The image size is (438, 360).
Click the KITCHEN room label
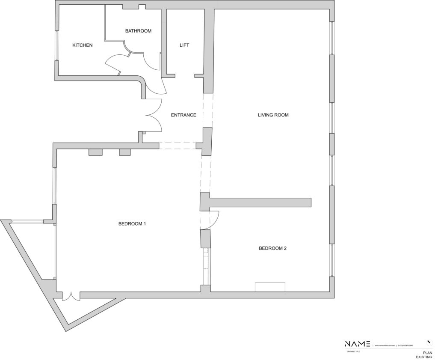pos(82,45)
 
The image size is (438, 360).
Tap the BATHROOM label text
pos(138,31)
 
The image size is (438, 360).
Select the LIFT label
pos(184,45)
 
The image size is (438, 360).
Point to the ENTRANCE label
pos(183,115)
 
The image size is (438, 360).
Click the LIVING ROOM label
pos(273,115)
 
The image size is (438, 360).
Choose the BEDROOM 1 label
pos(132,223)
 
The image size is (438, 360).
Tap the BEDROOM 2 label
pos(272,248)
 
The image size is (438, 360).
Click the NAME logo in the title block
pos(358,344)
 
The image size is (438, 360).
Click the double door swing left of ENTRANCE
pos(154,115)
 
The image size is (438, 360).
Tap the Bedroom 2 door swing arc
pos(214,219)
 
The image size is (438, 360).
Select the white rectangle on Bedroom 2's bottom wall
pos(270,287)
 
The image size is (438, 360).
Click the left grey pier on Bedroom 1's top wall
pos(95,152)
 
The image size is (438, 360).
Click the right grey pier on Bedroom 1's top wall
pos(125,152)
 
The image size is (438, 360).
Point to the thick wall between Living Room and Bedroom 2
pos(261,202)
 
